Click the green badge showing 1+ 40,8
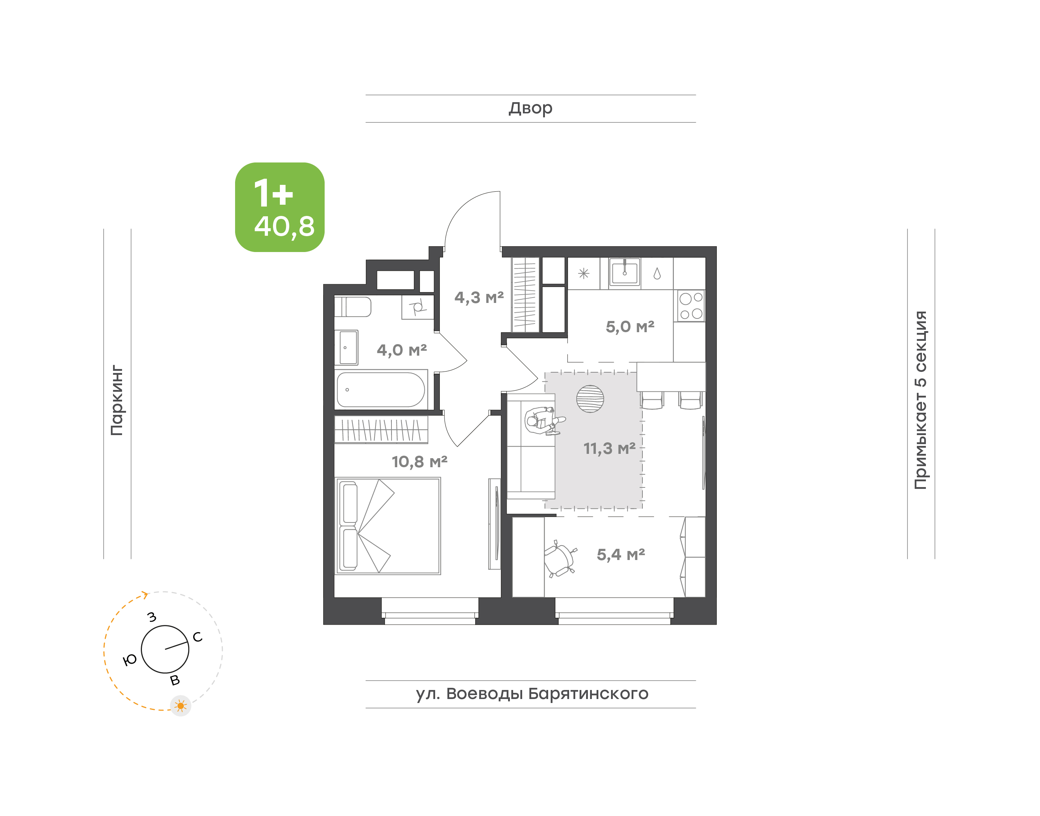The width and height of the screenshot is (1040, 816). [279, 207]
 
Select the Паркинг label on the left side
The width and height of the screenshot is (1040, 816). [117, 400]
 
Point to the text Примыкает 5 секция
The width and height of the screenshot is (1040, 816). [920, 400]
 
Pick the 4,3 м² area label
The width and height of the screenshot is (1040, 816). [479, 298]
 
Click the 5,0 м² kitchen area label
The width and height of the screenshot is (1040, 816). [630, 327]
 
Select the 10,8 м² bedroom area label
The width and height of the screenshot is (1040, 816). [420, 461]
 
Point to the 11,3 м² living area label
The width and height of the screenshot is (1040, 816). [609, 448]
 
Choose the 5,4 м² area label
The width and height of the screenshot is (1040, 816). [620, 555]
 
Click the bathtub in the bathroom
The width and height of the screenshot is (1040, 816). [381, 389]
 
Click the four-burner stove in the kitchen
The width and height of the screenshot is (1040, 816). [691, 306]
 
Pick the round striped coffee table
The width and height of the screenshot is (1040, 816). [590, 399]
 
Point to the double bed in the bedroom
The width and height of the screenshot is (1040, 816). [387, 526]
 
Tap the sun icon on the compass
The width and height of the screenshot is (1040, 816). [181, 706]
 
